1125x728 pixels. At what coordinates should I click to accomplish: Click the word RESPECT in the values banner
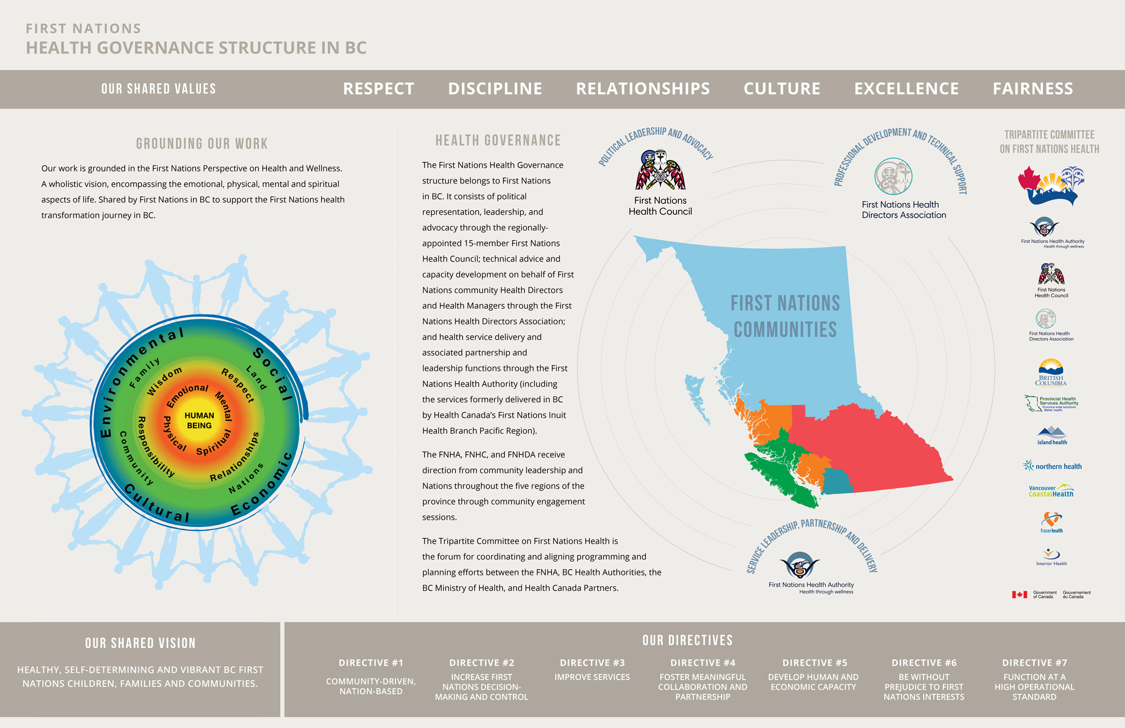(x=379, y=89)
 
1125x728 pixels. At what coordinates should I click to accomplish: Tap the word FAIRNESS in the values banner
(x=1033, y=89)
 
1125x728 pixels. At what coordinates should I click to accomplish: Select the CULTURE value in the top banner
(x=782, y=89)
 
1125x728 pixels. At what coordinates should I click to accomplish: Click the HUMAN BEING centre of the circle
(x=199, y=420)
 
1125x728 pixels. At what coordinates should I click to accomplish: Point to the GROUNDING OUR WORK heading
(x=202, y=144)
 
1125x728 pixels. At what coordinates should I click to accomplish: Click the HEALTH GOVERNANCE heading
(x=498, y=141)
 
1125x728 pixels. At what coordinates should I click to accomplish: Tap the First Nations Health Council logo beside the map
(x=660, y=170)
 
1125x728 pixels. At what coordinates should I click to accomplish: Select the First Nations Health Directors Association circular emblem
(x=893, y=177)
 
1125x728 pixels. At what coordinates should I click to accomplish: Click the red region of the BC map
(x=866, y=450)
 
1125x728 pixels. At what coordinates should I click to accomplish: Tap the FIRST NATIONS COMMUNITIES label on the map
(x=785, y=316)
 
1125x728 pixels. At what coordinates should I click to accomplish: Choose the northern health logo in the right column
(x=1052, y=466)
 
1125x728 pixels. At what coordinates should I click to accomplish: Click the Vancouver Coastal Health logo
(x=1051, y=490)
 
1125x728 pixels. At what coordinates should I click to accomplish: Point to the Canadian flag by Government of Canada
(x=1019, y=594)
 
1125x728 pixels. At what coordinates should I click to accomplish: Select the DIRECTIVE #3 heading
(x=592, y=663)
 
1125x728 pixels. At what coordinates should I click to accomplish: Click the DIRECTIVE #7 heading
(x=1034, y=663)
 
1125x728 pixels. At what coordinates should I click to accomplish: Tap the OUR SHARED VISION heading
(x=140, y=643)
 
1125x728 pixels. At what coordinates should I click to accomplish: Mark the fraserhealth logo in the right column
(x=1051, y=522)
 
